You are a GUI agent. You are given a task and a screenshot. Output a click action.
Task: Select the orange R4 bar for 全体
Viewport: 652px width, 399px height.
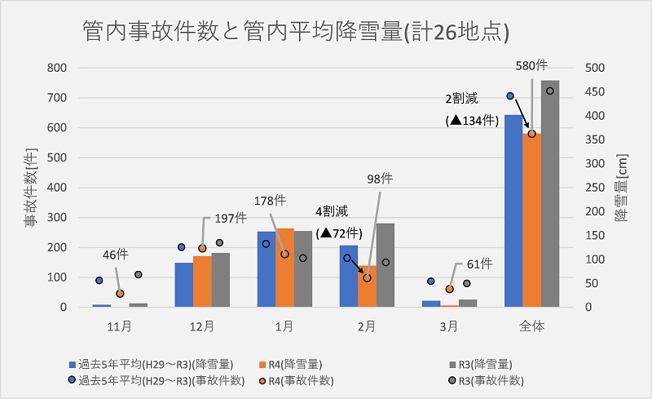coord(531,220)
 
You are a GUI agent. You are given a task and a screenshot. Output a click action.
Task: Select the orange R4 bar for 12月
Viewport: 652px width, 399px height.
coord(202,282)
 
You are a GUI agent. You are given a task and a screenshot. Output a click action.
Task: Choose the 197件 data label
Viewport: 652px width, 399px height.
coord(230,218)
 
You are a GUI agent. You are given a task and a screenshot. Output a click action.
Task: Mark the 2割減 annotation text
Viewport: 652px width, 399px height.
coord(464,99)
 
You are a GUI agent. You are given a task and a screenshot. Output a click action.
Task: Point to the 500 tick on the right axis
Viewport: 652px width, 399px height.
coord(597,68)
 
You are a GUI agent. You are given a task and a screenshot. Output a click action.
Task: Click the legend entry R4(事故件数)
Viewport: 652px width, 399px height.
coord(300,381)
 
